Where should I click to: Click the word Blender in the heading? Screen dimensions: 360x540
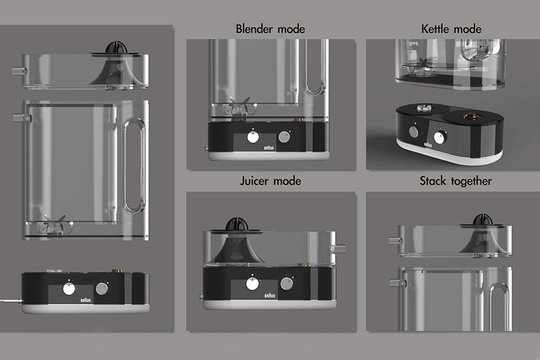click(x=254, y=29)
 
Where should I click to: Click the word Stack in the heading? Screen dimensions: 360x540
click(x=433, y=181)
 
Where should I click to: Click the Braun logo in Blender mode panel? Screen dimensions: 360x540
click(x=269, y=147)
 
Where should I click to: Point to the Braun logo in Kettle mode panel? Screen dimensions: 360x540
click(x=428, y=146)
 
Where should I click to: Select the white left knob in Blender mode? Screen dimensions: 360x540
click(x=253, y=137)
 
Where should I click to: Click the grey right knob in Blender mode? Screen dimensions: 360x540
click(x=284, y=136)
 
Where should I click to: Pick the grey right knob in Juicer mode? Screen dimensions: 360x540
click(x=286, y=283)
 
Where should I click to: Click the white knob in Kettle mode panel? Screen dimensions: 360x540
click(x=440, y=137)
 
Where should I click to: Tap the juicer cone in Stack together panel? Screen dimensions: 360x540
click(x=479, y=219)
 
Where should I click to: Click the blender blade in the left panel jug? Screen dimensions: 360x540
click(x=53, y=225)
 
